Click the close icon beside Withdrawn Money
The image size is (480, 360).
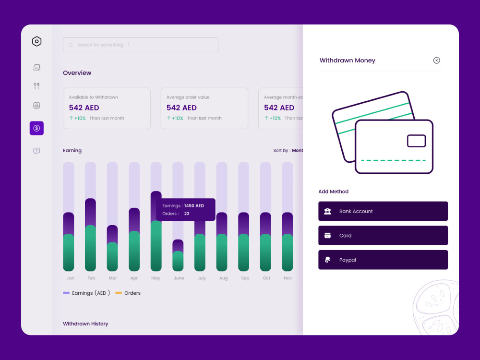pos(436,60)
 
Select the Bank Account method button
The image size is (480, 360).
pos(383,211)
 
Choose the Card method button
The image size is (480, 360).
pos(383,236)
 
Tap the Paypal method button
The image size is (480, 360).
pos(383,260)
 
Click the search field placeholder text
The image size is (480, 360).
pos(103,45)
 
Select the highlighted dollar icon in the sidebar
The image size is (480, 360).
pos(36,128)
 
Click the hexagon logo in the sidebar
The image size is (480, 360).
pos(36,42)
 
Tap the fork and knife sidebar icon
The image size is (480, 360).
pos(36,86)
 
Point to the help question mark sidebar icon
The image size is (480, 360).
pos(36,151)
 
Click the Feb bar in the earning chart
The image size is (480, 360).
pos(90,235)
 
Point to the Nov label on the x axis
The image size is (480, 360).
pos(288,278)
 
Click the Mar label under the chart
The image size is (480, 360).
pos(113,278)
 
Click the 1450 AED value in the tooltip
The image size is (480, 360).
pos(194,206)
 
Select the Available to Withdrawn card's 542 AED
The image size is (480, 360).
pos(84,108)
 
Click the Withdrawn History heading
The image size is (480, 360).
pos(85,324)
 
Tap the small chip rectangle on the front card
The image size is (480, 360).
pos(416,141)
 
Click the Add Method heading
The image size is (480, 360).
pos(333,192)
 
